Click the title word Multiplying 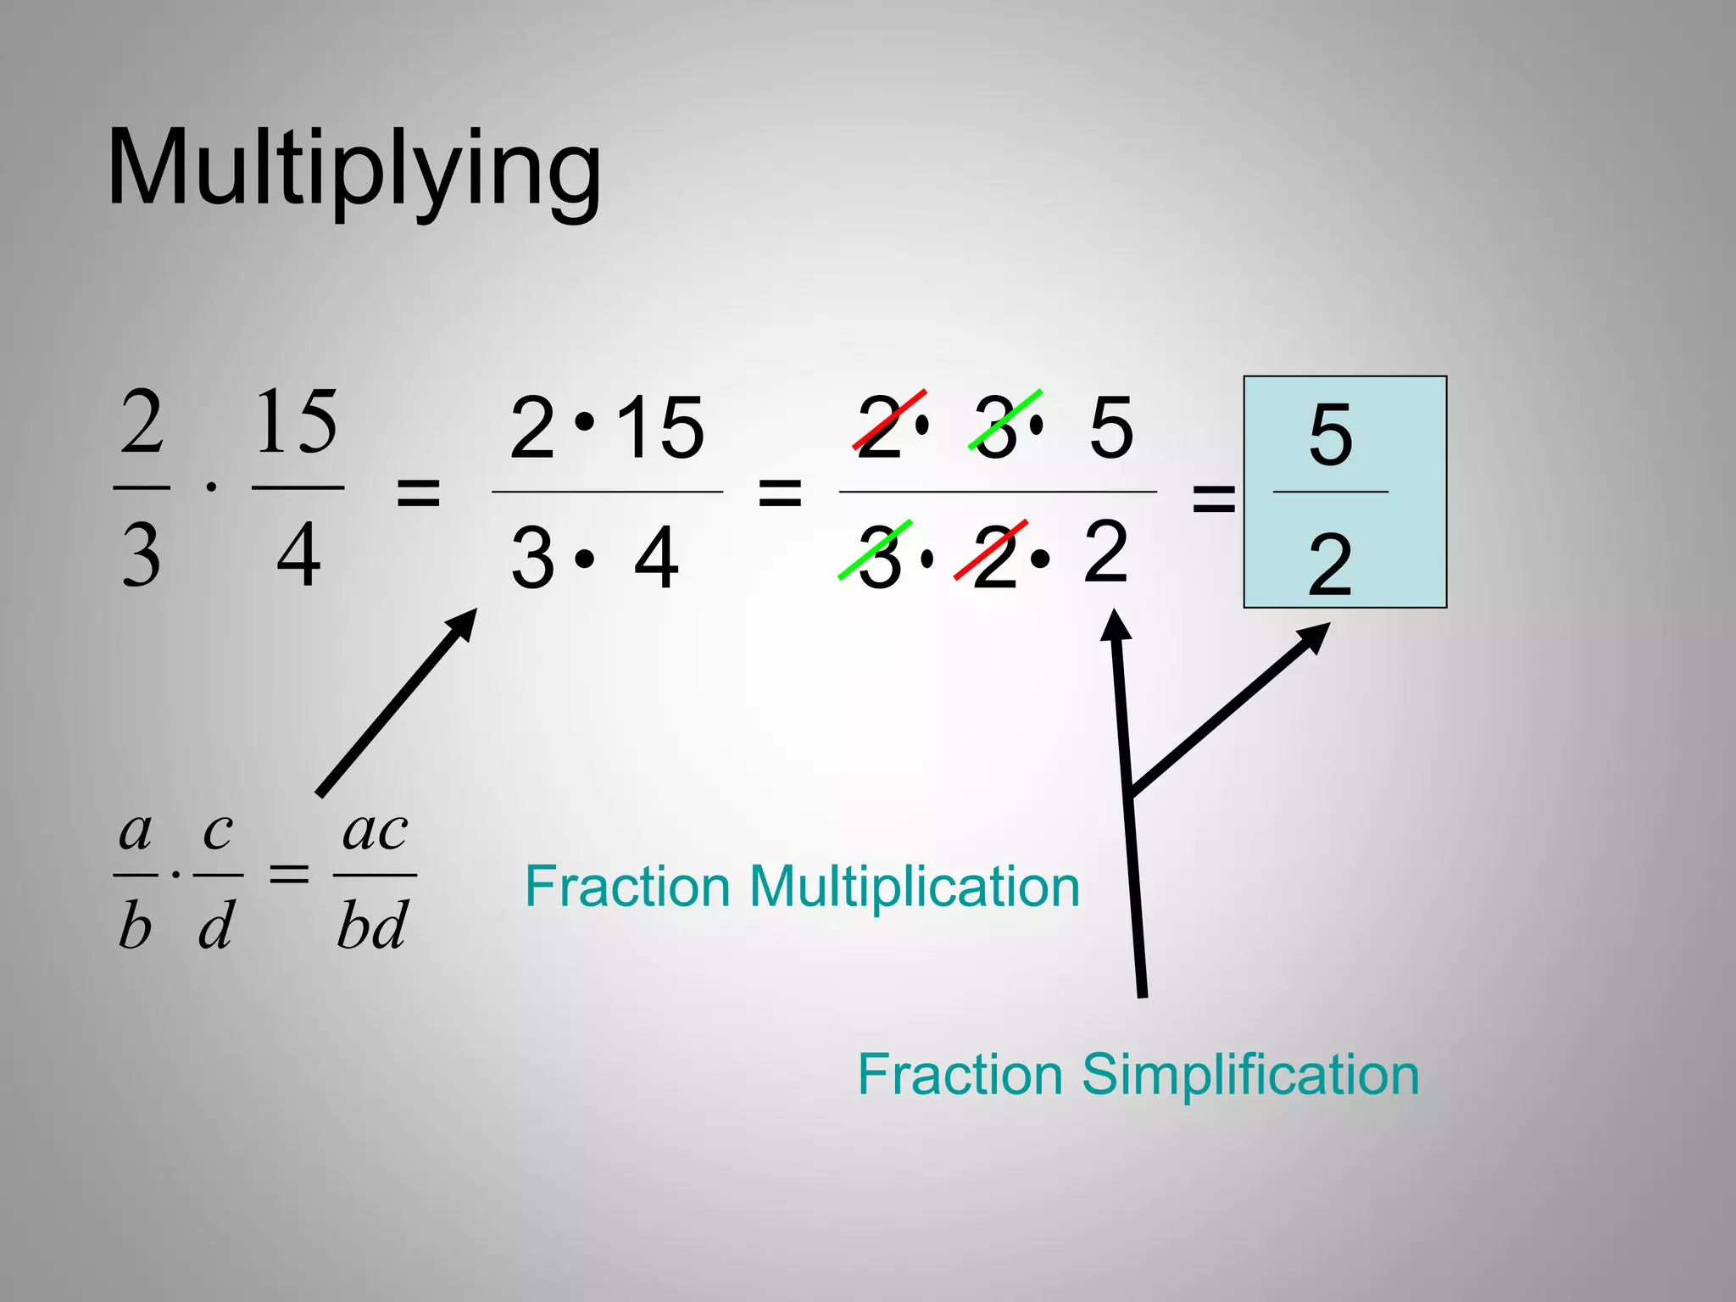point(354,170)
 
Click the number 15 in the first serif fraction point(297,421)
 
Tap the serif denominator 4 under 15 point(299,555)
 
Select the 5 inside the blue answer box point(1330,435)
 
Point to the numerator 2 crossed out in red point(880,426)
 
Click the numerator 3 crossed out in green point(997,426)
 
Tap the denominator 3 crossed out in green point(880,557)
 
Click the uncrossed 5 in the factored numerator point(1111,426)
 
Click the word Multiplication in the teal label point(915,887)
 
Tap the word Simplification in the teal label point(1250,1074)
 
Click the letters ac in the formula point(375,831)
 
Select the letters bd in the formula point(373,924)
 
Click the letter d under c point(216,924)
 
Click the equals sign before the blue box point(1214,498)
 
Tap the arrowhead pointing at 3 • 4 point(462,625)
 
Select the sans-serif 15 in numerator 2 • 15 point(659,427)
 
